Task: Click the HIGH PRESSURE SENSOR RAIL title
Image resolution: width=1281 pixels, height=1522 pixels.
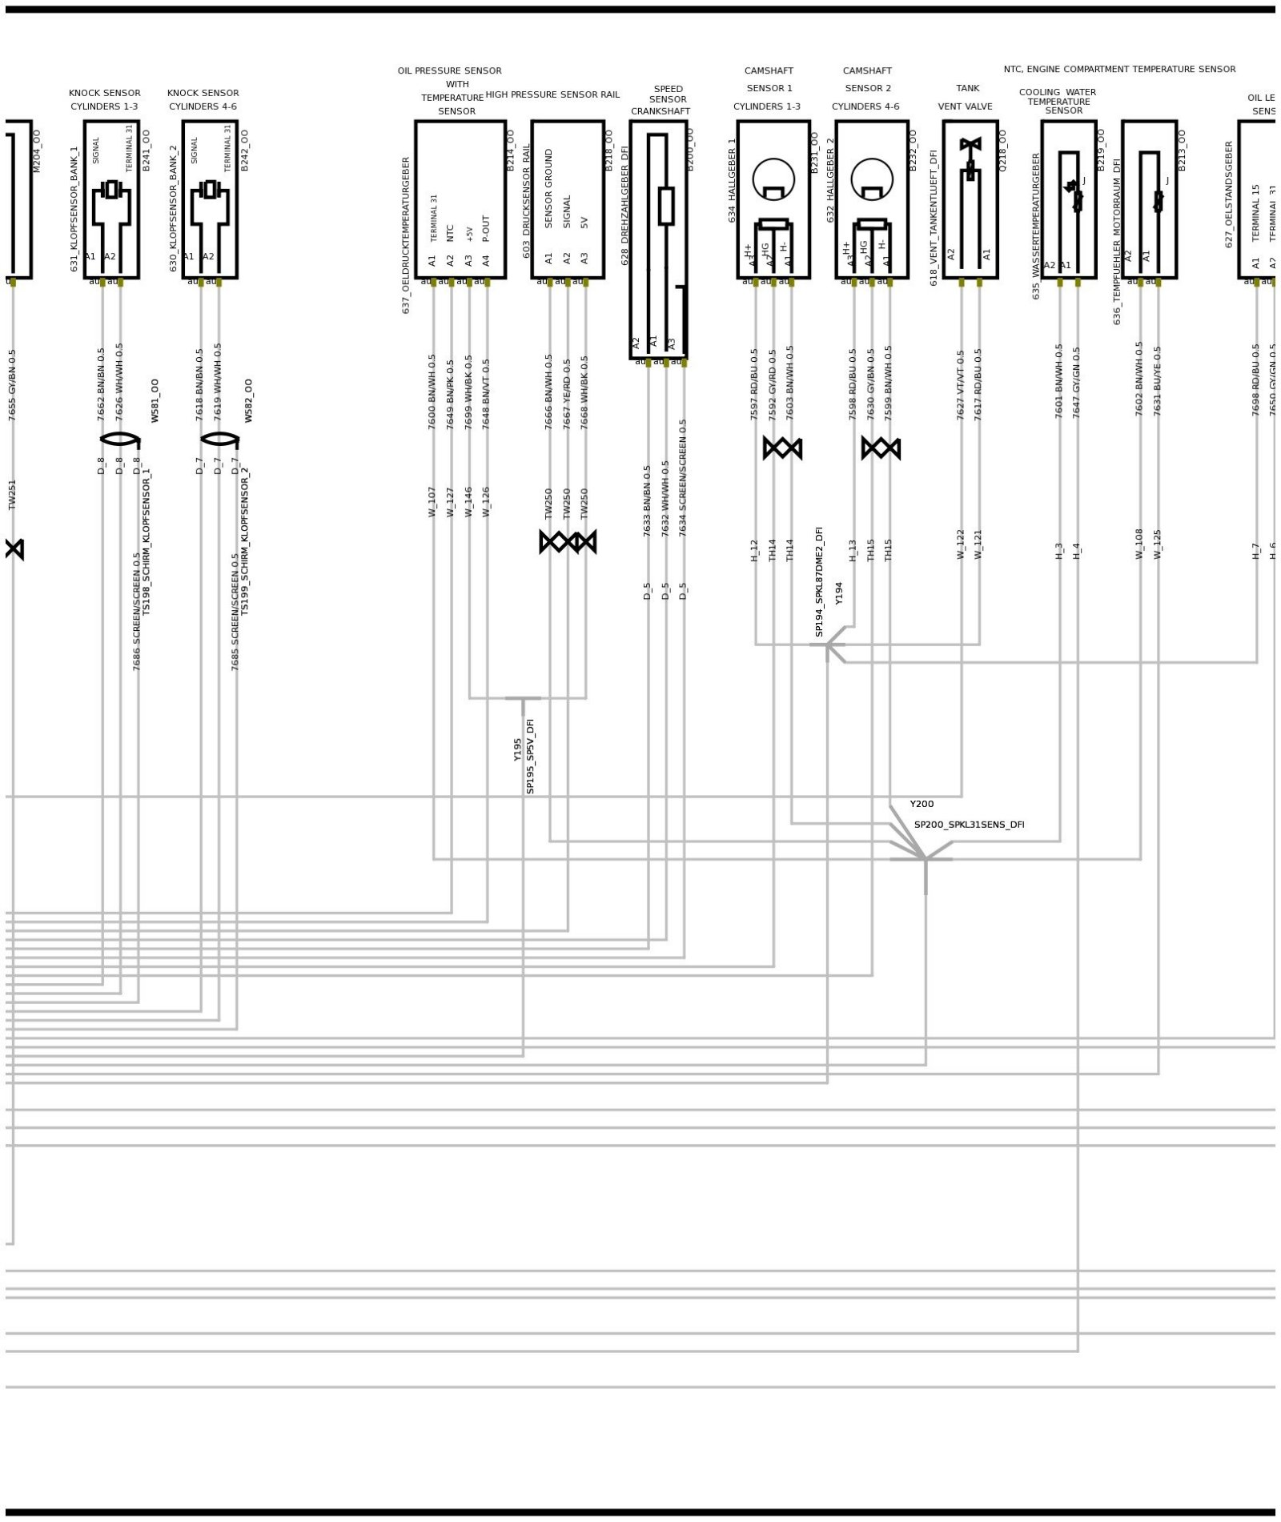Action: [x=552, y=94]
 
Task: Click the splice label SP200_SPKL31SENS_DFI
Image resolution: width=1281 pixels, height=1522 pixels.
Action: [x=969, y=825]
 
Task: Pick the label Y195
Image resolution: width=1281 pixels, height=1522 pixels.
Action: [x=518, y=749]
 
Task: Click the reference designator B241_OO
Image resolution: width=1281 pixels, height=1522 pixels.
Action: [x=147, y=151]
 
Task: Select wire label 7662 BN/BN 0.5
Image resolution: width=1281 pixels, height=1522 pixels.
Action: [x=102, y=384]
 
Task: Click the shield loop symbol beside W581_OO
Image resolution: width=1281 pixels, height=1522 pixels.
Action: [x=119, y=439]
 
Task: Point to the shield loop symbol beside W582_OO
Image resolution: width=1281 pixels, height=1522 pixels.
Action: [x=219, y=439]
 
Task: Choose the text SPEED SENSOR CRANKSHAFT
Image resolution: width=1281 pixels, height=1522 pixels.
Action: [x=661, y=100]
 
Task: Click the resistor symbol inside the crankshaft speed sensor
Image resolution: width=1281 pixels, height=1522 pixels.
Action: [x=666, y=206]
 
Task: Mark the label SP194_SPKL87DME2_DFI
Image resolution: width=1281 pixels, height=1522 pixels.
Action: [x=819, y=581]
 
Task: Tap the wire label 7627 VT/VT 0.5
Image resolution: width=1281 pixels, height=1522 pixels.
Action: [x=961, y=384]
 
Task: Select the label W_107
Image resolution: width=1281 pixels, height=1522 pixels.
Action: [x=432, y=501]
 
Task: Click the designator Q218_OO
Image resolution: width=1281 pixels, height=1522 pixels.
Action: [x=1003, y=151]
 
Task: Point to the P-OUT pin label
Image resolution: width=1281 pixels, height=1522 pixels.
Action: [x=486, y=229]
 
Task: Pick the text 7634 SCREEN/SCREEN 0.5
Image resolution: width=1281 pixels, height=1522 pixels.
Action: [x=683, y=477]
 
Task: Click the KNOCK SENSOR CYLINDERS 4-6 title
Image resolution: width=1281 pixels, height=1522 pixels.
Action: [x=203, y=99]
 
